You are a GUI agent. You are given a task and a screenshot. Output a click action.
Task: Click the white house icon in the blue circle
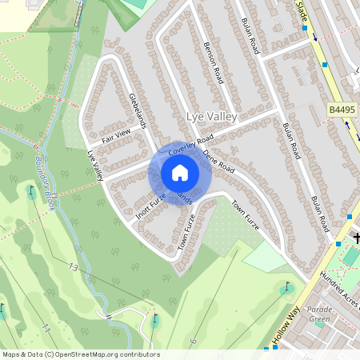pos(180,173)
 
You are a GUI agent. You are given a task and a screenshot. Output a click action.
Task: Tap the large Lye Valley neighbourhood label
pos(212,117)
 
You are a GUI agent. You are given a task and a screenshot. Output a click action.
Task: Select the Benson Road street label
pos(213,63)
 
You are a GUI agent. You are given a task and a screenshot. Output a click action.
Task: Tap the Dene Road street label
pos(218,163)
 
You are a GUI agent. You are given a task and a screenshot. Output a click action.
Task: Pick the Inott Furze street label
pos(150,206)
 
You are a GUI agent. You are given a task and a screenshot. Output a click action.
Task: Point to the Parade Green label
pos(320,314)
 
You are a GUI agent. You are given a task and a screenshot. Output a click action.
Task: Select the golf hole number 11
pos(46,328)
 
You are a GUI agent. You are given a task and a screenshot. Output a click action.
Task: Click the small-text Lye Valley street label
pos(96,165)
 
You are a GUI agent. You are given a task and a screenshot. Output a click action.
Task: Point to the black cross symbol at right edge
pos(354,237)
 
